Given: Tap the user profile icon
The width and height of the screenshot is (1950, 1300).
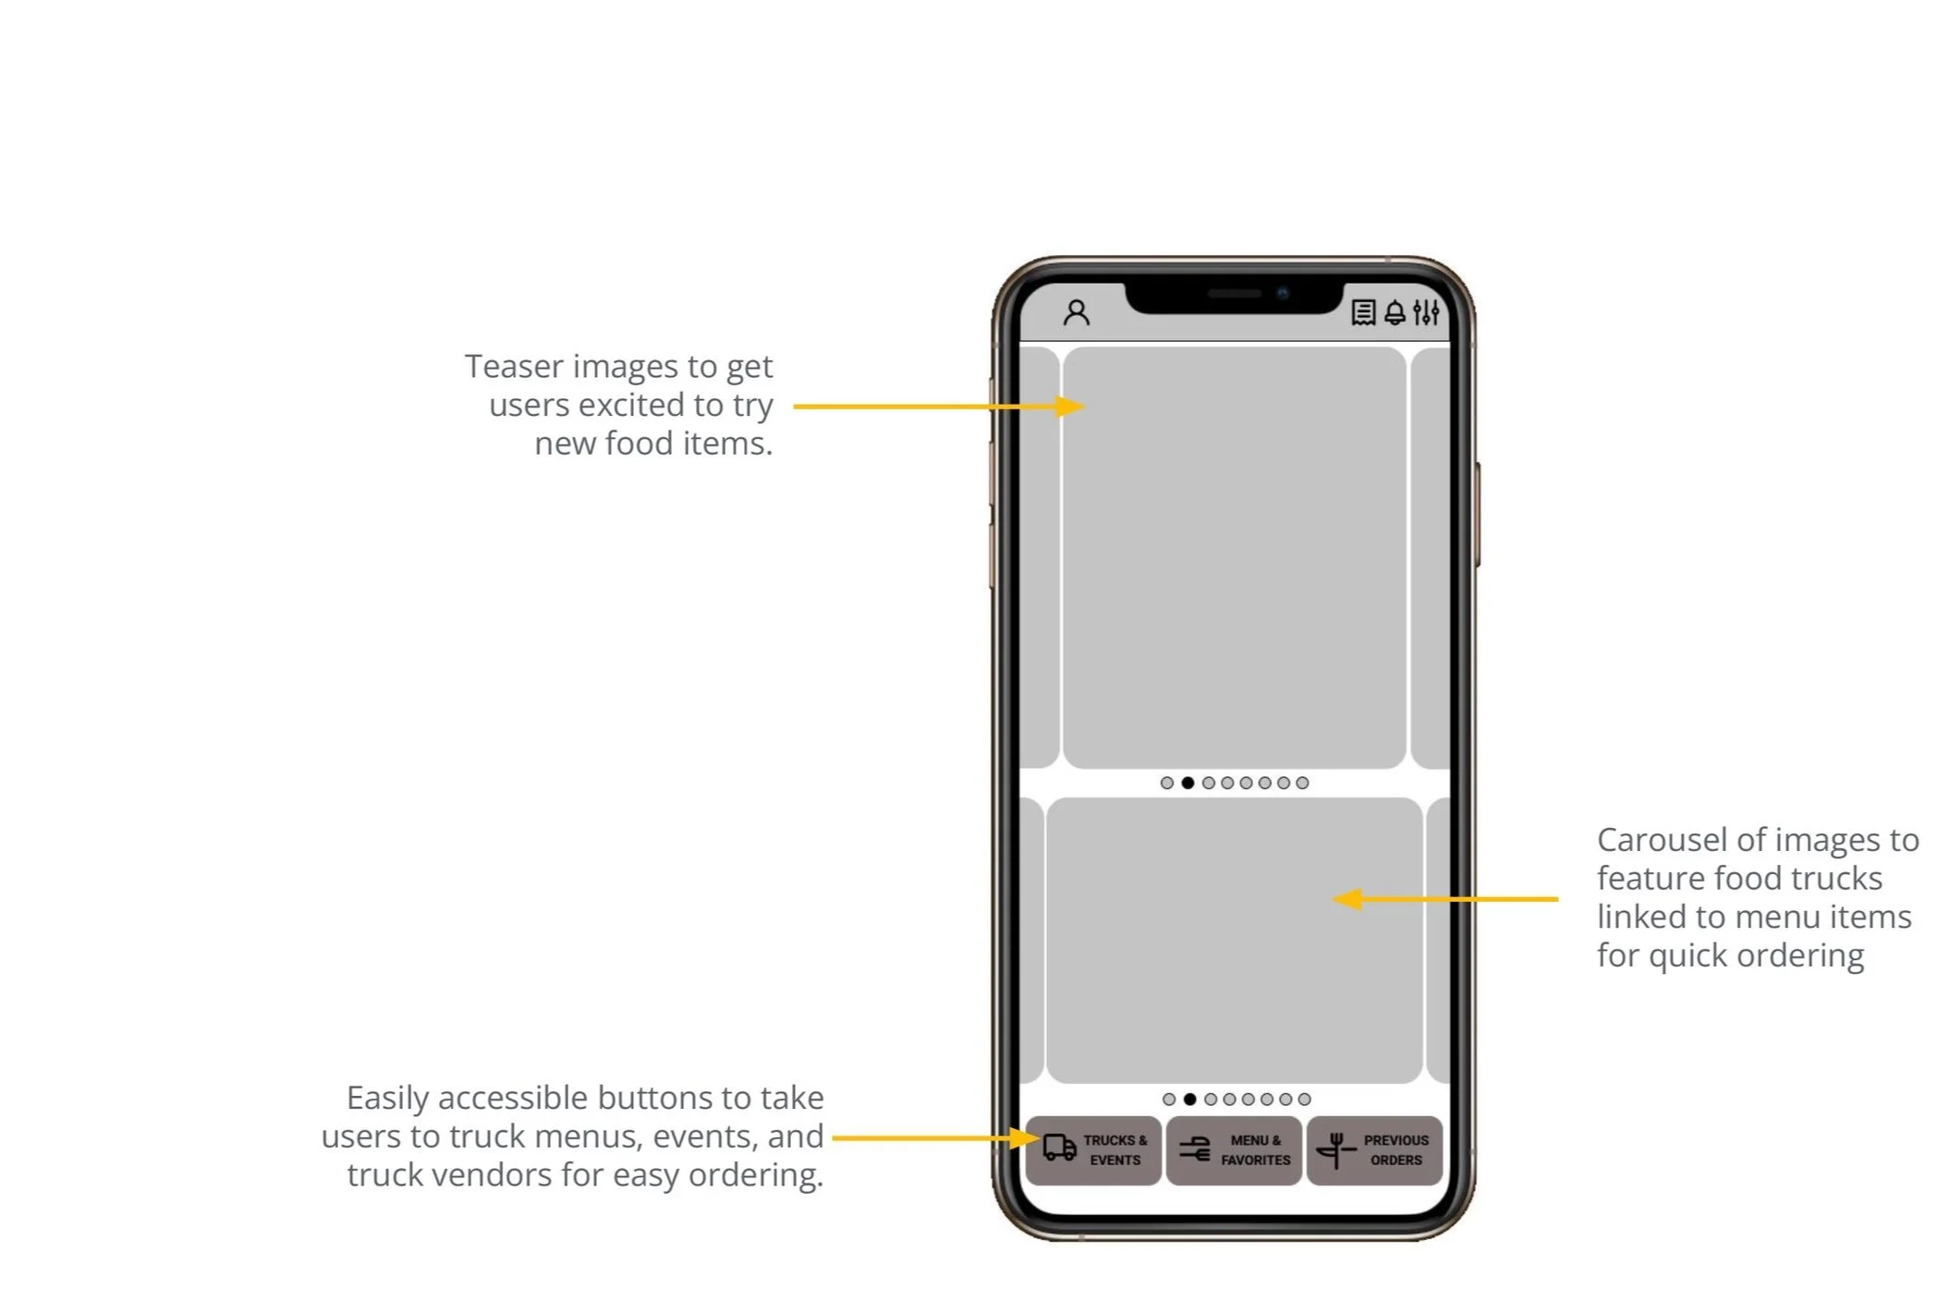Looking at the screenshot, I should tap(1076, 312).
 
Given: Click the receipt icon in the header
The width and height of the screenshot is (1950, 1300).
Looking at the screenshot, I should tap(1362, 312).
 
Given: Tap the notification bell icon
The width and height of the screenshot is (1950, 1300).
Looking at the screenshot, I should tap(1395, 313).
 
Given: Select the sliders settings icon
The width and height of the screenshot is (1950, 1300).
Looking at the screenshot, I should tap(1426, 313).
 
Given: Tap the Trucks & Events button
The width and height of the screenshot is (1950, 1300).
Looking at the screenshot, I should tap(1093, 1150).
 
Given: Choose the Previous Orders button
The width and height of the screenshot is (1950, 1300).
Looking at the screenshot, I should tap(1374, 1150).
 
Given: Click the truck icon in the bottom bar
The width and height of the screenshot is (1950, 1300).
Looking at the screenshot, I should tap(1059, 1148).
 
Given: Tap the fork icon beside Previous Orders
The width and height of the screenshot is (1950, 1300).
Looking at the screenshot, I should tap(1335, 1150).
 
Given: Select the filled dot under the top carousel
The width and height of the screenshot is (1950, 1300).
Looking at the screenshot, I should tap(1188, 783).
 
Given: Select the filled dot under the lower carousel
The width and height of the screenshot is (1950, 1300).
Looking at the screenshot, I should tap(1190, 1100).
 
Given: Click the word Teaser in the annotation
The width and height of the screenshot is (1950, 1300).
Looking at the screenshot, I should tap(513, 367).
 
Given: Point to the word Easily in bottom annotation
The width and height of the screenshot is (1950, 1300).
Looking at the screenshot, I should tap(387, 1099).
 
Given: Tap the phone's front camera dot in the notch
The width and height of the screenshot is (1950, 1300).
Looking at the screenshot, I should tap(1283, 294).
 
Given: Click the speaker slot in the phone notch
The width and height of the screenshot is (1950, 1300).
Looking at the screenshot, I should tap(1234, 294).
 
